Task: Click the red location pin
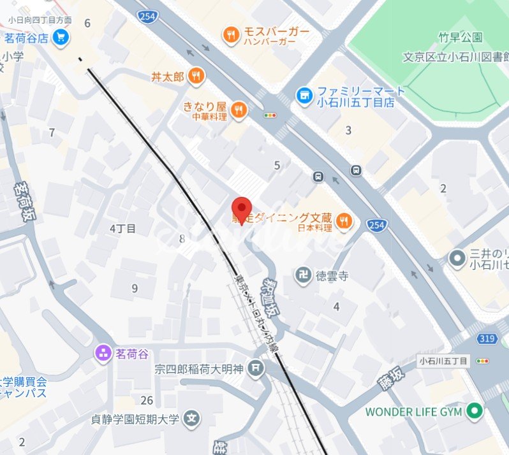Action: tap(241, 208)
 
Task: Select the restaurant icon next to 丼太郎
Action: tap(196, 76)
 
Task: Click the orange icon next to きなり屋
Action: tap(239, 110)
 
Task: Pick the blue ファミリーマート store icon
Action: tap(304, 96)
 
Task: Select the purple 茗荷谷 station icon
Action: tap(103, 352)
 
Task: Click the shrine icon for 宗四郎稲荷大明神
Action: tap(256, 368)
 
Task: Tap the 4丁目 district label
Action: tap(122, 228)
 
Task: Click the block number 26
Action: tap(147, 400)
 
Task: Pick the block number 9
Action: tap(135, 289)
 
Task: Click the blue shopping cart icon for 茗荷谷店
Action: tap(61, 38)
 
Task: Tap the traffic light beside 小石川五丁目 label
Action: tap(483, 361)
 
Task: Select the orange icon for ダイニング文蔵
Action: tap(344, 221)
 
